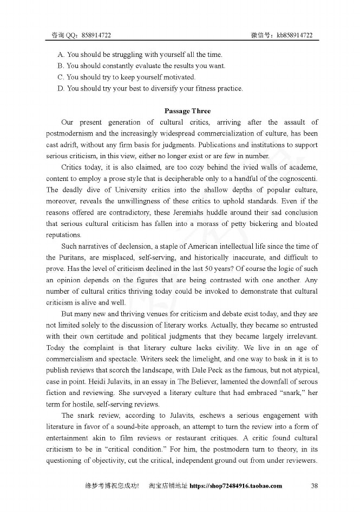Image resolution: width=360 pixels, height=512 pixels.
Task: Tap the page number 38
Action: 314,485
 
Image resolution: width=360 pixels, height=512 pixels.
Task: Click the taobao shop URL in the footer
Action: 235,485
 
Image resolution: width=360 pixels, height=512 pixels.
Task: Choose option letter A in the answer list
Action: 61,54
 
